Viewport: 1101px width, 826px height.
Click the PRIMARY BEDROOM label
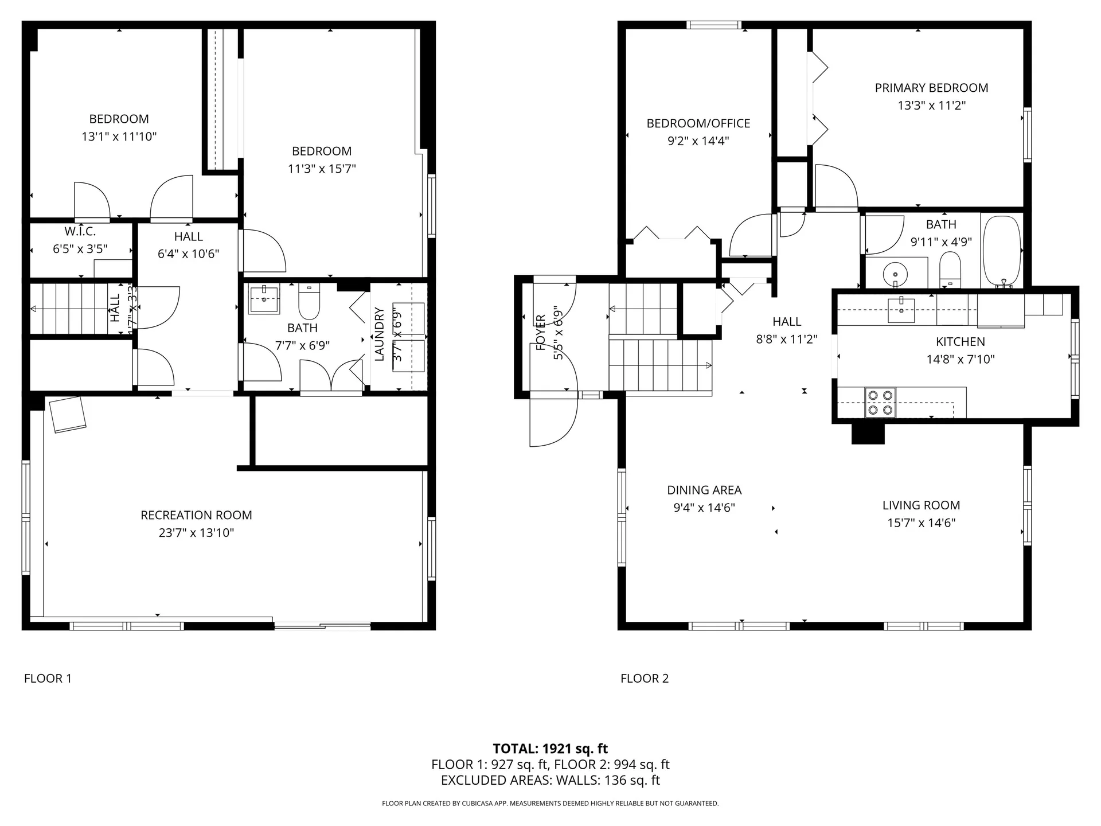(931, 88)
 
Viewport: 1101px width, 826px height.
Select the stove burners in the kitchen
(880, 402)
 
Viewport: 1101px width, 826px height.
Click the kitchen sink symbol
(901, 310)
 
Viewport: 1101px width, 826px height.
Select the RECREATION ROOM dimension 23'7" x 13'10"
(196, 533)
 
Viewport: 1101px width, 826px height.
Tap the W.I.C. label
(80, 232)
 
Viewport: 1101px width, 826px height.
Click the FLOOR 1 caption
(48, 679)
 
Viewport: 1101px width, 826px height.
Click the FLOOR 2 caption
(645, 679)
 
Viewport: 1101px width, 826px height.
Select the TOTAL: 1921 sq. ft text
(550, 749)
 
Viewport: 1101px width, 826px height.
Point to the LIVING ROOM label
(921, 505)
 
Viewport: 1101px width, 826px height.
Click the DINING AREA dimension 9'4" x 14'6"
(704, 508)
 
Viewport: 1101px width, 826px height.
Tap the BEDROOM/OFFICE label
(698, 123)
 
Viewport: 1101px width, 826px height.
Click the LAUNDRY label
(379, 334)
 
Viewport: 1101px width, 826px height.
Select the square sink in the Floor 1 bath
(264, 300)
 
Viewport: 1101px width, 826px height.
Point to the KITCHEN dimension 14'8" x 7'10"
(960, 360)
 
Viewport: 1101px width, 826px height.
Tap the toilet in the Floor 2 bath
(950, 270)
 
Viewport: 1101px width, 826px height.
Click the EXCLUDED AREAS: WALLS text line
(550, 780)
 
